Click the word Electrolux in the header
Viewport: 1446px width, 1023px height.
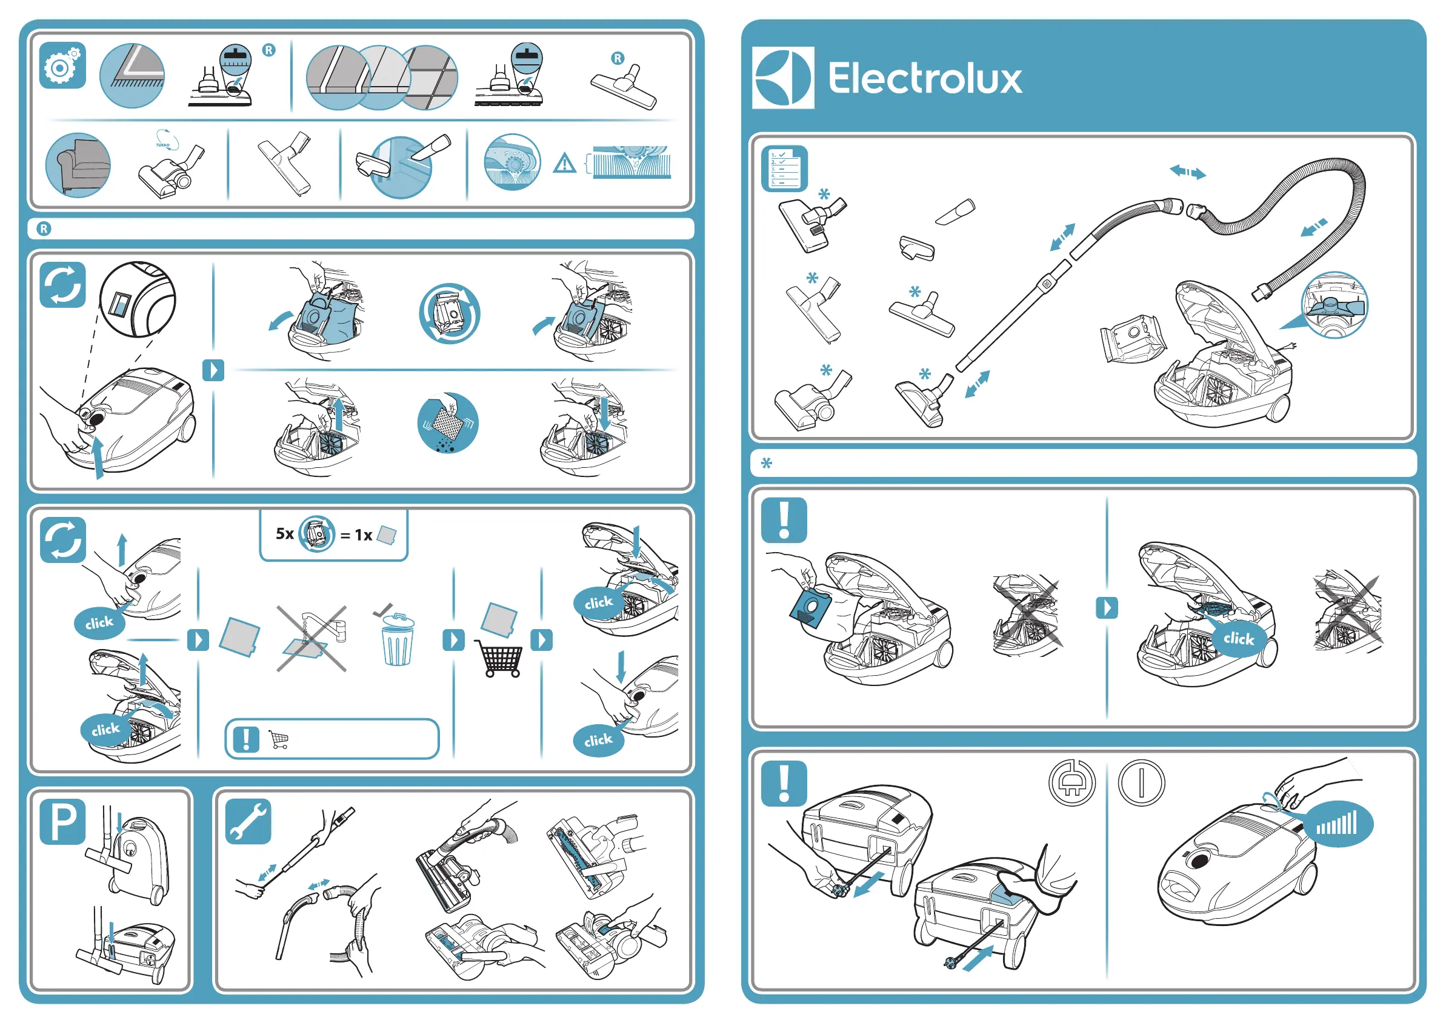tap(925, 79)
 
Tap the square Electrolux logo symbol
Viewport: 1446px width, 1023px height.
tap(783, 78)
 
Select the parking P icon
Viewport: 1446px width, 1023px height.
tap(62, 821)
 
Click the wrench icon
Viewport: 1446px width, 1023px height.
tap(248, 821)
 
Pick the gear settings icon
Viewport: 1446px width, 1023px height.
tap(62, 65)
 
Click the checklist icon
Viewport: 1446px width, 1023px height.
tap(784, 168)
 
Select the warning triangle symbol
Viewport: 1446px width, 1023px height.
tap(564, 164)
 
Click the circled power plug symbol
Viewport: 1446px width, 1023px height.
tap(1071, 783)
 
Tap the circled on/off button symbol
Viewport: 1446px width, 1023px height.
tap(1141, 783)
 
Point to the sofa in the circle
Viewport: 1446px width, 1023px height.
tap(78, 165)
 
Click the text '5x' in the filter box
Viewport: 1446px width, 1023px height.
tap(285, 534)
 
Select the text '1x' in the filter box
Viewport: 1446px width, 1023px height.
tap(364, 535)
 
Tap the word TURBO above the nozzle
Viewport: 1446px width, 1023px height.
tap(162, 145)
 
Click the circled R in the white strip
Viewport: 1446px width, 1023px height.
tap(44, 228)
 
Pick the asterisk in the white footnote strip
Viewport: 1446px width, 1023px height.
tap(767, 464)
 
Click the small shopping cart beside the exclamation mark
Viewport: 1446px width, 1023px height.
tap(278, 739)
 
